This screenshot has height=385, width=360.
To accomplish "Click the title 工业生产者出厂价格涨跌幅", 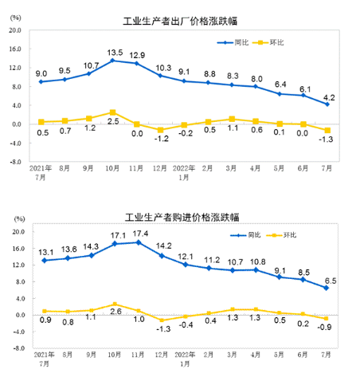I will click(179, 22).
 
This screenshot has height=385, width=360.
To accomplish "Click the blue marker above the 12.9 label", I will click(137, 63).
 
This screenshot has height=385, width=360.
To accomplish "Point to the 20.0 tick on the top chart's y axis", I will click(14, 30).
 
